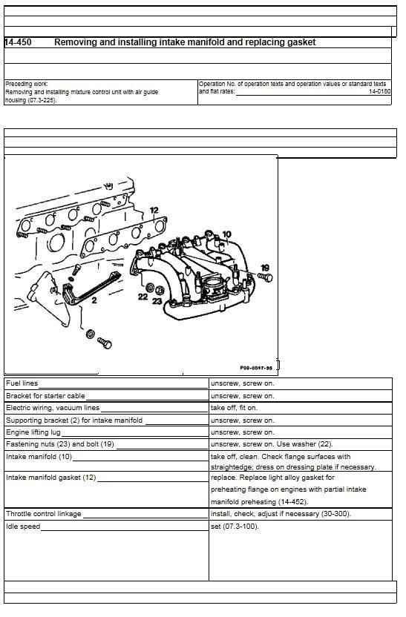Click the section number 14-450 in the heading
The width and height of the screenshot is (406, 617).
[18, 42]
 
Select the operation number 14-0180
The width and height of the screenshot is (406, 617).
[379, 92]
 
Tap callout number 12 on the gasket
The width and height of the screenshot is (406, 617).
[154, 210]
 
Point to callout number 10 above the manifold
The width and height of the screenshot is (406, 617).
[227, 234]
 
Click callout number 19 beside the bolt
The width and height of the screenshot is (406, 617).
[265, 268]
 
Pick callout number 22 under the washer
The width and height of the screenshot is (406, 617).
[143, 297]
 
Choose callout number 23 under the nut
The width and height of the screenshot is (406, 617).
[157, 301]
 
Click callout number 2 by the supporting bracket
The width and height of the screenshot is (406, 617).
[94, 300]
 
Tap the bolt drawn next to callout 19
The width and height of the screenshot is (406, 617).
[265, 277]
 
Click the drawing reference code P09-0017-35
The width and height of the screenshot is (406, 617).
[256, 368]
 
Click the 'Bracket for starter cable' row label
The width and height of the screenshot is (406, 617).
[45, 396]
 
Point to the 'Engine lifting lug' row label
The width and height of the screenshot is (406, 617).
[33, 432]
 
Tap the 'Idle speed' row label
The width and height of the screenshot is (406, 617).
[23, 527]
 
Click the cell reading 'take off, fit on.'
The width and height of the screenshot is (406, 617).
[235, 408]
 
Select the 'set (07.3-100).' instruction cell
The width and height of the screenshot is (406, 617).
[235, 527]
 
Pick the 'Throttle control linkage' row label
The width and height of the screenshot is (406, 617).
[43, 514]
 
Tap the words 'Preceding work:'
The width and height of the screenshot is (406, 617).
[27, 84]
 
